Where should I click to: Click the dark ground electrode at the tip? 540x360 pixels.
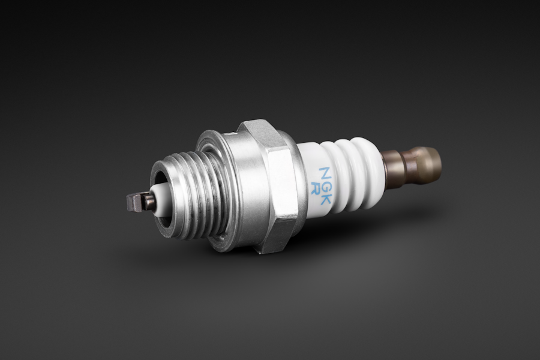137,203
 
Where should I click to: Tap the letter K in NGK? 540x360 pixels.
323,193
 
